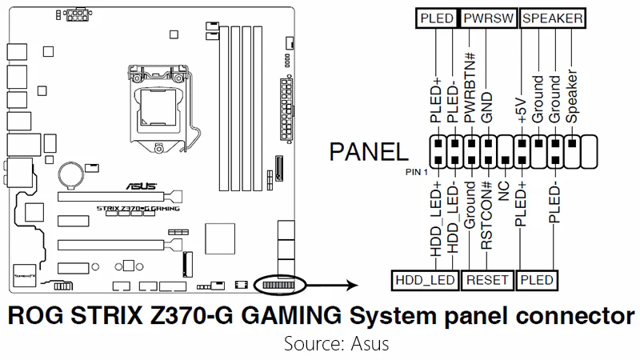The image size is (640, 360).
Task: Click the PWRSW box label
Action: click(486, 18)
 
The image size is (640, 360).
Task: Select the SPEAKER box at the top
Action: click(551, 18)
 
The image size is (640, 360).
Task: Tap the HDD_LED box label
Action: click(423, 280)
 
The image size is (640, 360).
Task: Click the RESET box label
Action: click(486, 280)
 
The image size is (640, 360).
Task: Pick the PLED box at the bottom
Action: click(537, 280)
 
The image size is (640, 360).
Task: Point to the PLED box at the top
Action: click(436, 18)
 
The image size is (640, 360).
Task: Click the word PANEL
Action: click(367, 151)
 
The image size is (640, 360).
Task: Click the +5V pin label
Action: click(522, 104)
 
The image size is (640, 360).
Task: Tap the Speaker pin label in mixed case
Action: click(572, 99)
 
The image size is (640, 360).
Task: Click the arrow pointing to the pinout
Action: click(331, 284)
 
